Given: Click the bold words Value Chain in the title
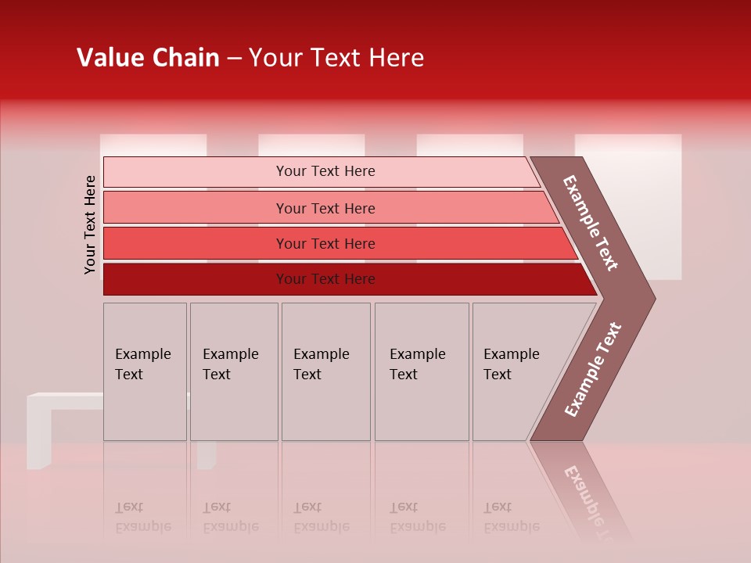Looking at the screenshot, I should pos(148,58).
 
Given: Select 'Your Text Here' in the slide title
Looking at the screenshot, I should pos(336,58).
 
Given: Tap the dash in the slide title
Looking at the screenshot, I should pos(234,59).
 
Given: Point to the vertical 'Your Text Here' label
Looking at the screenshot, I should pos(90,224).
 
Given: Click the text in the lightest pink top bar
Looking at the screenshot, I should pos(325,171).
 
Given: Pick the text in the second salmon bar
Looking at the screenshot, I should pos(325,208).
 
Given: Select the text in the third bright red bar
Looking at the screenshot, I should pos(325,243).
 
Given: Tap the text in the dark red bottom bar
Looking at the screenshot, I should pos(325,279).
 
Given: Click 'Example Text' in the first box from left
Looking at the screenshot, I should pos(142,364).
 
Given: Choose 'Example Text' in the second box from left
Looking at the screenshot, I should pos(230,364).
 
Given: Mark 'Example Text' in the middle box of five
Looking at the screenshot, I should pos(321,364).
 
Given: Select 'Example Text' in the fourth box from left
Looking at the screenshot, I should pos(417,364).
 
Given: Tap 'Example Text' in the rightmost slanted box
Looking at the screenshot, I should pos(511,364).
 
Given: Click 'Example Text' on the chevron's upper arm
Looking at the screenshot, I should pos(591,223).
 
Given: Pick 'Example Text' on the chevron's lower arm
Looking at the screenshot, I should pos(593,369).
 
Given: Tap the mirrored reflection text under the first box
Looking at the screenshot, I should pos(142,517).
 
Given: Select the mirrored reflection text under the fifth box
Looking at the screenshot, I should pos(511,517).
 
